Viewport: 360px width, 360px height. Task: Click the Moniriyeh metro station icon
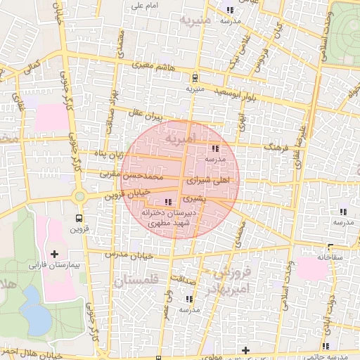[x=195, y=77]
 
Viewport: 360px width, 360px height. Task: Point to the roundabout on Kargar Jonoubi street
[x=79, y=196]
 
